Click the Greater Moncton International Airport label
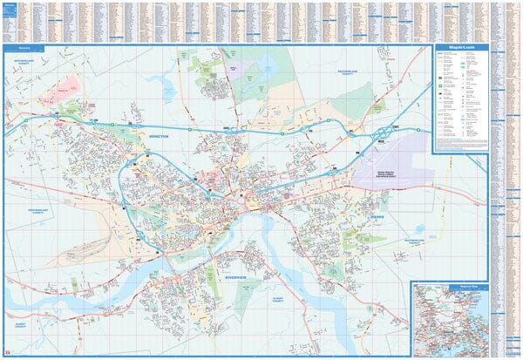(391, 181)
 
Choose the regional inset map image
(448, 319)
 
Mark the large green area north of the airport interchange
(349, 96)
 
